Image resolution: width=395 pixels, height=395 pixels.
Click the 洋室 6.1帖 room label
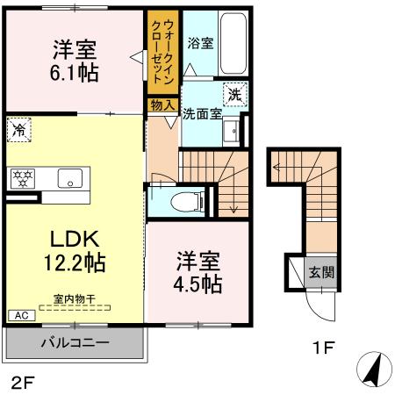75,60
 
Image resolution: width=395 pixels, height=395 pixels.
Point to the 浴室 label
200,43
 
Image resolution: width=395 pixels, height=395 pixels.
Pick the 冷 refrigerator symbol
19,131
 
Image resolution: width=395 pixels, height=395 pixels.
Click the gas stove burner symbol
21,178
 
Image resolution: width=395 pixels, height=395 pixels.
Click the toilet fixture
181,198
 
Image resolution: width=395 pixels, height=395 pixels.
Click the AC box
19,314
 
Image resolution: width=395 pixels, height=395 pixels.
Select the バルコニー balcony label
74,342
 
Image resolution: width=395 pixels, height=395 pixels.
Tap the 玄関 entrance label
320,271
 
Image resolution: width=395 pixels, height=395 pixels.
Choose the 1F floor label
323,348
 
